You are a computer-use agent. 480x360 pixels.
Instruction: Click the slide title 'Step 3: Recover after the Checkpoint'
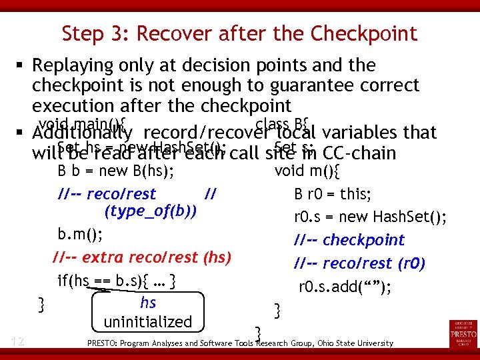coord(239,33)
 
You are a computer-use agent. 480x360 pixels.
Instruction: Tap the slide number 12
coord(17,341)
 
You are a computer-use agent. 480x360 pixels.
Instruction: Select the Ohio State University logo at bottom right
coord(463,334)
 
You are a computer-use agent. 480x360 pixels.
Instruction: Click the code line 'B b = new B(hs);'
coord(116,171)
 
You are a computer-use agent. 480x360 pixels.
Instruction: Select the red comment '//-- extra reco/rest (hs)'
coord(141,257)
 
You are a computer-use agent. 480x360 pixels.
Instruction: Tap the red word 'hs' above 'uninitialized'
coord(148,302)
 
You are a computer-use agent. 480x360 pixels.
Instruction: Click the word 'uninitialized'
coord(147,323)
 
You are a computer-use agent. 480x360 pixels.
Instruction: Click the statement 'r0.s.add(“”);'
coord(345,287)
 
